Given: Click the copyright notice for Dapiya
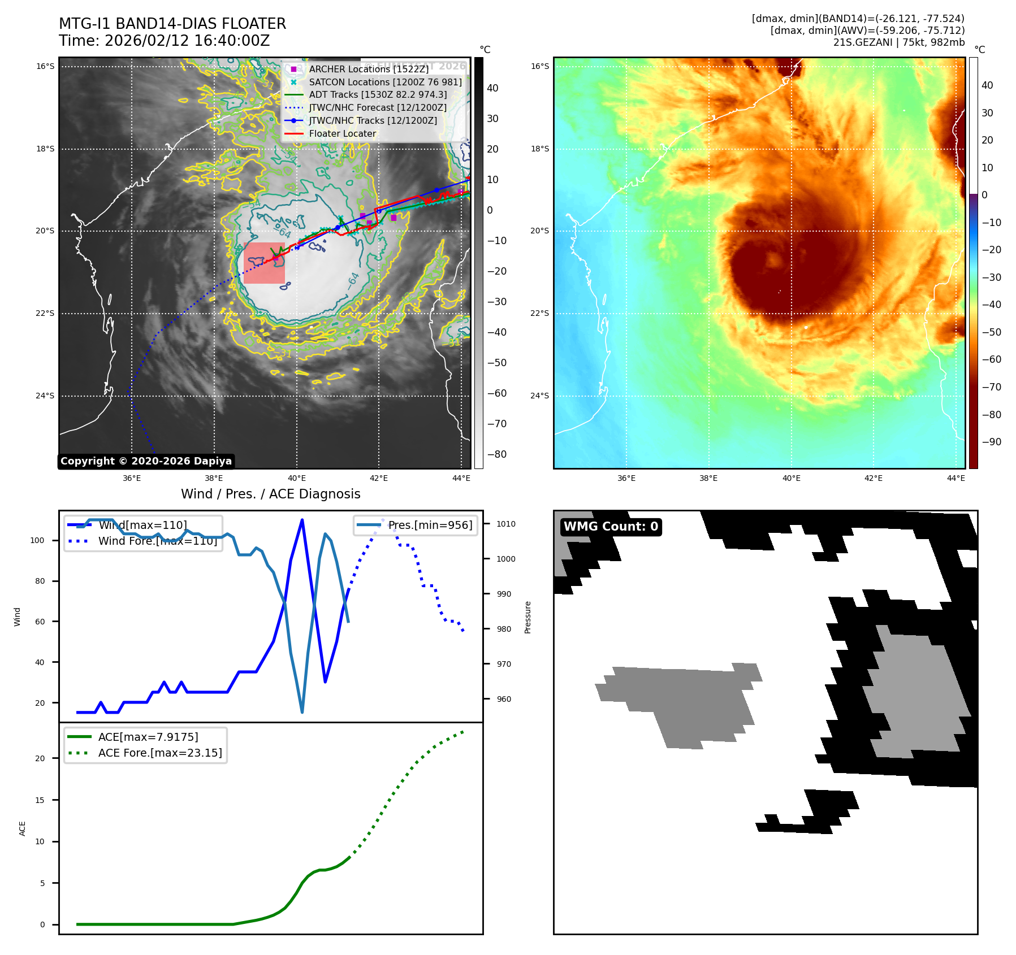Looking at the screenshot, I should (146, 461).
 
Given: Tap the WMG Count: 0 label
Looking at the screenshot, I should (611, 527).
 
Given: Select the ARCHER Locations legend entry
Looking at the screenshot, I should (369, 69).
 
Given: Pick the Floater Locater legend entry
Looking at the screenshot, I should (342, 134).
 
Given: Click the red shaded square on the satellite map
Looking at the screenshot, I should (264, 263).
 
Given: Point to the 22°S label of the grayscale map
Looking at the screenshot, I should (45, 314).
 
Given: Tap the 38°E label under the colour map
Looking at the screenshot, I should (708, 478).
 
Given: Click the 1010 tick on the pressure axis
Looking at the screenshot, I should (506, 524).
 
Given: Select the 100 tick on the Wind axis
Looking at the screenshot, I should (37, 540).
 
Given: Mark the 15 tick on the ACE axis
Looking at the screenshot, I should (40, 800).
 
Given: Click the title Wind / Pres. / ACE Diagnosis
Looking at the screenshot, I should (270, 494).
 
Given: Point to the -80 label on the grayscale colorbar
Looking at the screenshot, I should (497, 454).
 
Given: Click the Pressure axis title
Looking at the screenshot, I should (528, 617).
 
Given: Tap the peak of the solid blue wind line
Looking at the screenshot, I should (302, 519).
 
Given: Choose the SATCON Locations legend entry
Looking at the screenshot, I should (384, 82).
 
